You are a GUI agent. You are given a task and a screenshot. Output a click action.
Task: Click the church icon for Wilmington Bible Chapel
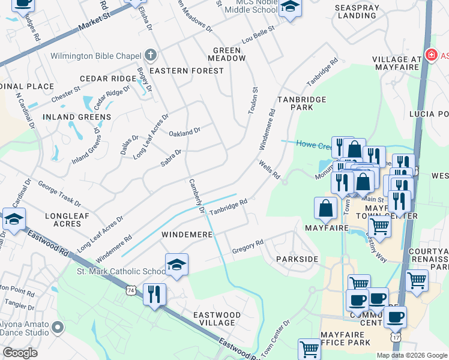click(x=151, y=56)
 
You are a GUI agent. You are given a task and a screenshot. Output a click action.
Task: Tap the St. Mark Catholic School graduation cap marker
click(x=176, y=265)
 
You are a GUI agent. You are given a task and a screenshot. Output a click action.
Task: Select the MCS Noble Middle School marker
click(x=290, y=8)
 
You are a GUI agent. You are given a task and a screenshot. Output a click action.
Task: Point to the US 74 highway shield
click(x=131, y=290)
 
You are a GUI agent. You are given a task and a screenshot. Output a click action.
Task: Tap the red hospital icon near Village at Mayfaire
click(x=430, y=55)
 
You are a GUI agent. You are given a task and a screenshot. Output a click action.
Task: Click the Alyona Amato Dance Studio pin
click(x=58, y=328)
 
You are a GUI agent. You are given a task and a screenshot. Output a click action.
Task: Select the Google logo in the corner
click(x=20, y=353)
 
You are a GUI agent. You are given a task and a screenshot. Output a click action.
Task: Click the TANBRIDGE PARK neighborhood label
click(x=301, y=103)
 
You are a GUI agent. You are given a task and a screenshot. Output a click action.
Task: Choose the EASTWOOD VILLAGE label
click(x=217, y=319)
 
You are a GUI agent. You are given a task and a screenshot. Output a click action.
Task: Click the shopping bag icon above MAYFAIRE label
click(x=325, y=208)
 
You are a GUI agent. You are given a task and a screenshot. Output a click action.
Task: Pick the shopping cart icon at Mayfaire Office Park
click(x=309, y=349)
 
